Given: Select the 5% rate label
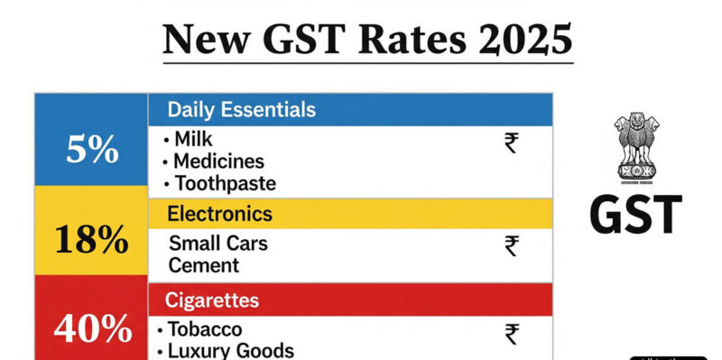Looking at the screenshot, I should tap(91, 150).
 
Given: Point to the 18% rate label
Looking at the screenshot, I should tap(91, 241).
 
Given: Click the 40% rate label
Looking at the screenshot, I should tap(91, 330).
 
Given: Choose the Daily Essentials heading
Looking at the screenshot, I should tap(242, 110).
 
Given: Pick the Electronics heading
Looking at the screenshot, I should tap(220, 214).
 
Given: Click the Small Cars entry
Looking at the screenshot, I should tap(218, 244).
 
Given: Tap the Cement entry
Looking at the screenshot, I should tap(204, 265).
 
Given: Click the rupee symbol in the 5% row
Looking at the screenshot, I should tap(512, 143).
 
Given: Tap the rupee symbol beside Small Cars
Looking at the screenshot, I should tap(512, 245).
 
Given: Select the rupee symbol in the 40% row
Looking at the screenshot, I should tap(512, 334).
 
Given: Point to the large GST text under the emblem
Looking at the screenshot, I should tap(635, 216).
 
